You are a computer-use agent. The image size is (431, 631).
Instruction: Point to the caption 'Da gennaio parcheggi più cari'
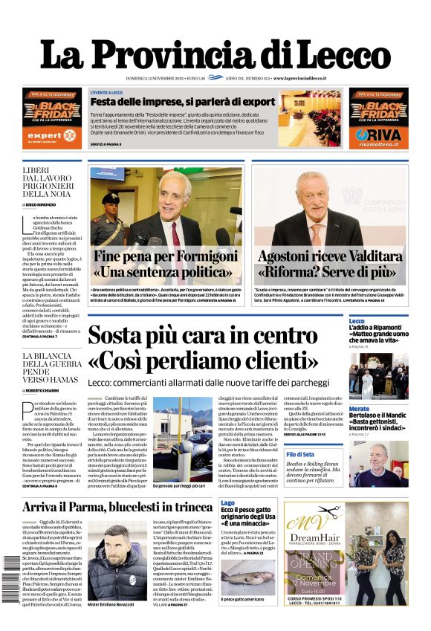coord(179,486)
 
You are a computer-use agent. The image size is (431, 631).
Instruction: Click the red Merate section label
coord(359,409)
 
